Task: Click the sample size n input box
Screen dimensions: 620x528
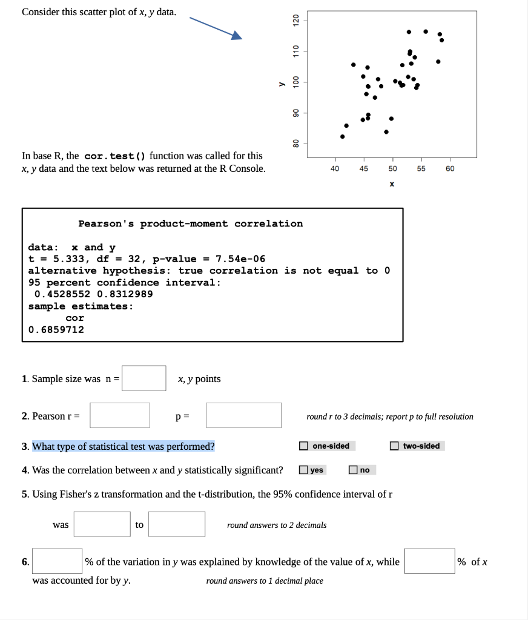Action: [x=144, y=378]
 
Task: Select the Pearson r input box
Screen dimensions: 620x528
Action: [x=120, y=415]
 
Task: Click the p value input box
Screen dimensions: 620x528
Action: [x=243, y=415]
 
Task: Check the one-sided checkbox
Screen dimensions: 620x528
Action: [x=303, y=446]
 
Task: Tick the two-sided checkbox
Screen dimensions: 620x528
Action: [x=395, y=446]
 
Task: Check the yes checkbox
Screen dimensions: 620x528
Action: [x=303, y=470]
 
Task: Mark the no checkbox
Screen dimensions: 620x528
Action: [x=353, y=470]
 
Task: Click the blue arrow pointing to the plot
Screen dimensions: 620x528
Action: [x=216, y=28]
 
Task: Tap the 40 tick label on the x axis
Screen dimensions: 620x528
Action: [x=335, y=169]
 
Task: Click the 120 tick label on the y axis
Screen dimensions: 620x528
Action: [x=296, y=21]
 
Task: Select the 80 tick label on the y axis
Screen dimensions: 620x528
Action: [x=296, y=143]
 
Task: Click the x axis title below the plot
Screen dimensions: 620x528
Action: [x=392, y=183]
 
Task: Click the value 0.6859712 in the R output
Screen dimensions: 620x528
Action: [x=56, y=329]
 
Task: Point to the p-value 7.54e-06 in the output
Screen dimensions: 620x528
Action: [x=240, y=259]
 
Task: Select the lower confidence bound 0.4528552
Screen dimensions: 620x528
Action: [x=62, y=294]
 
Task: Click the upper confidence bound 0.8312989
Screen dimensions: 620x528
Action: [x=125, y=294]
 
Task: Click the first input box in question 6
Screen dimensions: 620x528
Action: [x=58, y=561]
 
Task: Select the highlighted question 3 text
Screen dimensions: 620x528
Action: [x=124, y=447]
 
